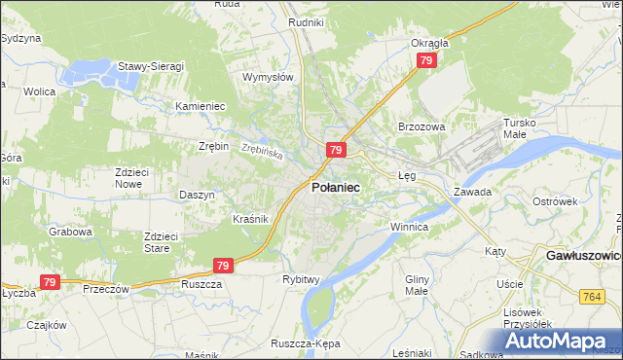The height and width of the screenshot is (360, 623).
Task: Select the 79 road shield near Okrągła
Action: pyautogui.click(x=425, y=61)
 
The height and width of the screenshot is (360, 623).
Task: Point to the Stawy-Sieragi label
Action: pyautogui.click(x=151, y=66)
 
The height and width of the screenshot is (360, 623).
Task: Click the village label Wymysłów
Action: pyautogui.click(x=268, y=77)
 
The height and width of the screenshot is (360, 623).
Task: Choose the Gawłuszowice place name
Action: pyautogui.click(x=581, y=255)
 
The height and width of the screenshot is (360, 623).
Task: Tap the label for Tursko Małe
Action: pyautogui.click(x=519, y=128)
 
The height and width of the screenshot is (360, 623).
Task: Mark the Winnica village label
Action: pyautogui.click(x=409, y=227)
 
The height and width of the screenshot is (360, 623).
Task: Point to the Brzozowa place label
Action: pyautogui.click(x=421, y=126)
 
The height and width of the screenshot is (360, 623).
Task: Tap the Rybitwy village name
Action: pyautogui.click(x=302, y=279)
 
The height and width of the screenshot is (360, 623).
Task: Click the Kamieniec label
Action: pyautogui.click(x=200, y=106)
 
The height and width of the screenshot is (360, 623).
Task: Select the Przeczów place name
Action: pyautogui.click(x=106, y=289)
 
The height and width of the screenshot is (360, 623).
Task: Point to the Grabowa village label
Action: pyautogui.click(x=70, y=233)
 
